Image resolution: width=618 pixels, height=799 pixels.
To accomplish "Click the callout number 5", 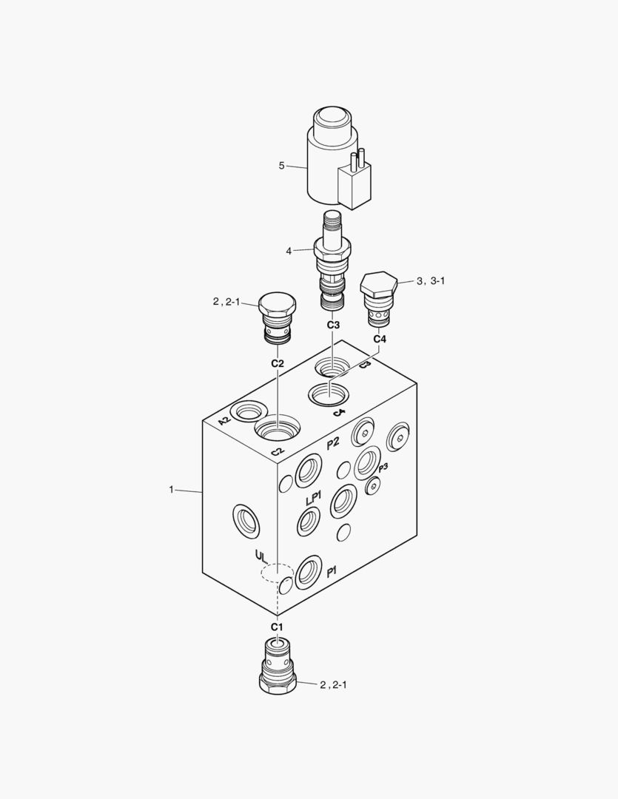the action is (x=281, y=166).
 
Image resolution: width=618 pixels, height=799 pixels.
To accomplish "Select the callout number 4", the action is (x=289, y=251).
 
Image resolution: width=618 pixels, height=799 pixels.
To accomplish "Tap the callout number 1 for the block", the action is (x=171, y=490).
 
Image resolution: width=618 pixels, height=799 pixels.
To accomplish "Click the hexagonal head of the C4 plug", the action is (x=378, y=286).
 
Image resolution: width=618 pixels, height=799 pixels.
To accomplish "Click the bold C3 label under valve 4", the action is (x=333, y=325).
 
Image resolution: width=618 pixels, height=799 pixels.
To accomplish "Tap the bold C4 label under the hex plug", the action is (x=380, y=339).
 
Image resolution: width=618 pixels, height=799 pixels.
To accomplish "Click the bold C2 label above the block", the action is (x=278, y=363).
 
